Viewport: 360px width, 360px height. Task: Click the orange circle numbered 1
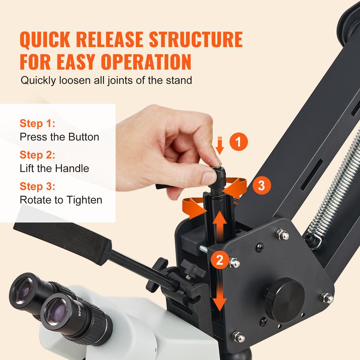[239, 142]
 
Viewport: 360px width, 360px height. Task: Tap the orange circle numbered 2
[219, 260]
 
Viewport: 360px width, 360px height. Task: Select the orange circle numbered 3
[261, 185]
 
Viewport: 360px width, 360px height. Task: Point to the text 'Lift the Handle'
[54, 168]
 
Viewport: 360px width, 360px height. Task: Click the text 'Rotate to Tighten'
[61, 200]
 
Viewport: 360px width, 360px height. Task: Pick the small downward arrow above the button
[220, 146]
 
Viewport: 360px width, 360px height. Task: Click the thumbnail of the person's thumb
[208, 178]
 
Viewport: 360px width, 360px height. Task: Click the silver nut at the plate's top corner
[283, 234]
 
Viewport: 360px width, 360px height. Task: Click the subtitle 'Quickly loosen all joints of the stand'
[106, 80]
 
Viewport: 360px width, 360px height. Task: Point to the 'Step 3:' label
[37, 187]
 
